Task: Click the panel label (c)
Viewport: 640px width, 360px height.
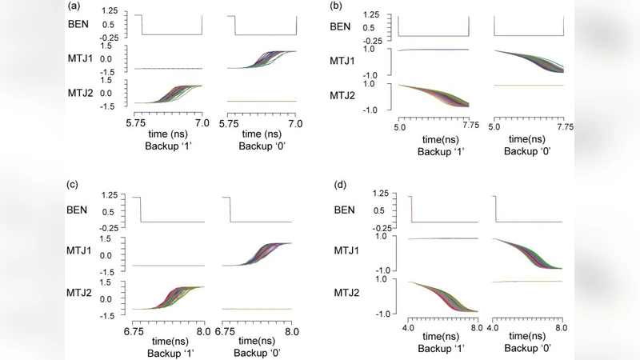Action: (x=74, y=186)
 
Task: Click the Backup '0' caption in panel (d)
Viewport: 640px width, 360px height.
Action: (x=528, y=350)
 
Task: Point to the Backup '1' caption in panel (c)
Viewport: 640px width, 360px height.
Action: (x=168, y=348)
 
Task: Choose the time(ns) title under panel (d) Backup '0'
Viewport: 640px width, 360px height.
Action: (x=528, y=338)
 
